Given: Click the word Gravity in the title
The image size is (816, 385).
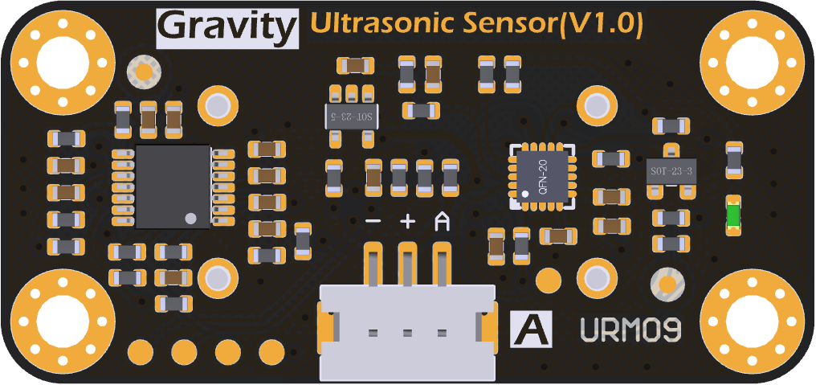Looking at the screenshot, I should [x=226, y=27].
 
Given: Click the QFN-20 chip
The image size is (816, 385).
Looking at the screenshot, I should [x=543, y=176].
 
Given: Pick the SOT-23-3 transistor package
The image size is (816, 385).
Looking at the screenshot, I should [x=671, y=171].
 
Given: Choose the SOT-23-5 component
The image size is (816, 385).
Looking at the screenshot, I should [x=350, y=116].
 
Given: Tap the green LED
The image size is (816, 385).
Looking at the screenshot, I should [x=732, y=215].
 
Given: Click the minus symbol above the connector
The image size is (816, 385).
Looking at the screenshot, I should [x=373, y=221].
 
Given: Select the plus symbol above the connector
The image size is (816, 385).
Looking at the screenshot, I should [x=407, y=221].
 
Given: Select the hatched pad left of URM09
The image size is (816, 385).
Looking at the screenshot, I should [x=666, y=283].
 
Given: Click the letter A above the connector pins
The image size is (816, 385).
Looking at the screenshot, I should [x=442, y=221].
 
